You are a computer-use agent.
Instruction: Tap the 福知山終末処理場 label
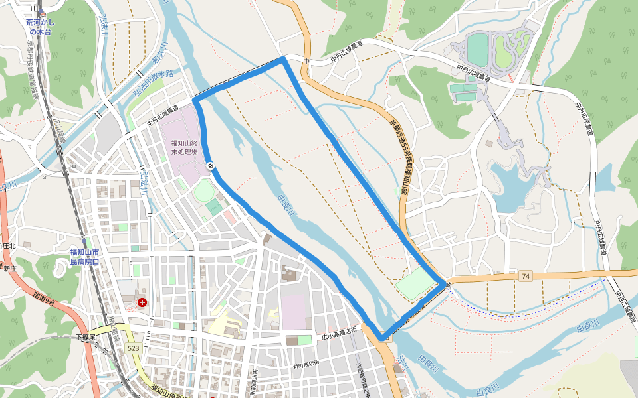point(184,147)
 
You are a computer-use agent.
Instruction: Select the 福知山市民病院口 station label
point(84,257)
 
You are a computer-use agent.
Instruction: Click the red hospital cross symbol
point(142,302)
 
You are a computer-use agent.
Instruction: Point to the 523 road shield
point(134,348)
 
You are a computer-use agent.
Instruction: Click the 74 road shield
point(526,275)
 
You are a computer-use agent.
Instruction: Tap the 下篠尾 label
point(85,338)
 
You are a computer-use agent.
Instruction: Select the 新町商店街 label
point(306,362)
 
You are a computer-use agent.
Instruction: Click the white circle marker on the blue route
point(211,166)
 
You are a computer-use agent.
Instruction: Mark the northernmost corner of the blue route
point(284,59)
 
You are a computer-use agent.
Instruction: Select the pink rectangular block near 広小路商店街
point(293,311)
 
